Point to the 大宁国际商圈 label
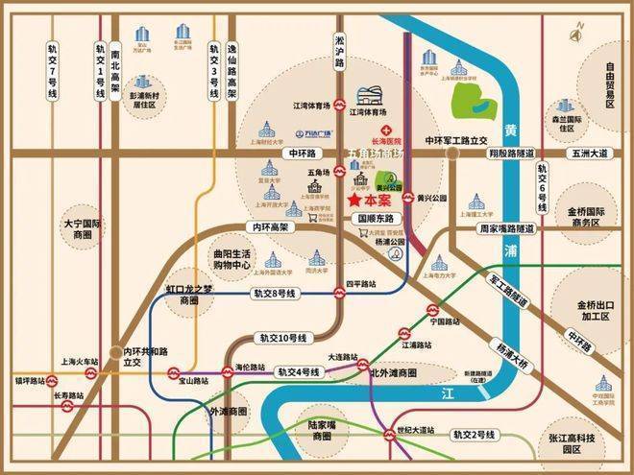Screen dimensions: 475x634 click(83, 228)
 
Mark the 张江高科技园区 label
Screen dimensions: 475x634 click(581, 443)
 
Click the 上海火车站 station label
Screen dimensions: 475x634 click(79, 362)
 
